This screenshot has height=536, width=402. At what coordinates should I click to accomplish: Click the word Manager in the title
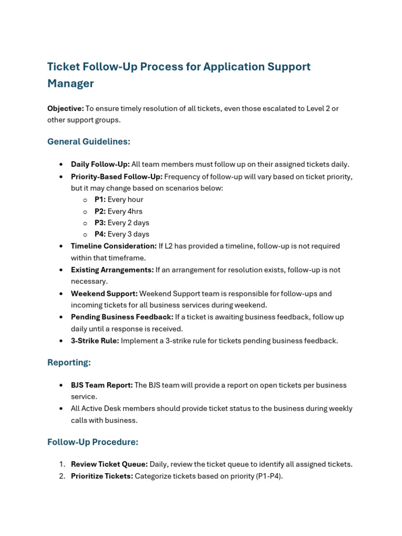(71, 84)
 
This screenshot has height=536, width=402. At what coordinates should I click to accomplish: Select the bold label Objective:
(65, 108)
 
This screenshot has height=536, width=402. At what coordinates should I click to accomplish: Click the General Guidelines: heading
(88, 141)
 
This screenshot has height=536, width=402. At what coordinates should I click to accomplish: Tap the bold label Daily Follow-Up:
(100, 164)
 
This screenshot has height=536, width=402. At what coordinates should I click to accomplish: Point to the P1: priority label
(100, 199)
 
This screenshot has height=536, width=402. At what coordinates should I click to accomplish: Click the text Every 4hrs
(125, 211)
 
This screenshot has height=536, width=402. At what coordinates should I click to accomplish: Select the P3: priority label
(100, 223)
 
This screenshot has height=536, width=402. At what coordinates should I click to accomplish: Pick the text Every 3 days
(128, 234)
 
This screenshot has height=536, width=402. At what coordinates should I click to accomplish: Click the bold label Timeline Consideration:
(114, 246)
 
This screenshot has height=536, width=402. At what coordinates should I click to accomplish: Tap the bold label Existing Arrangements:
(112, 270)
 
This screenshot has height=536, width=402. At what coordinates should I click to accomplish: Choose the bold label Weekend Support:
(104, 294)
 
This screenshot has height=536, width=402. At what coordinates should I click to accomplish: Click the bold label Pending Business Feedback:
(122, 317)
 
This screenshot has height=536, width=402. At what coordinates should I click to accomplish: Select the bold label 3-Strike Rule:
(95, 341)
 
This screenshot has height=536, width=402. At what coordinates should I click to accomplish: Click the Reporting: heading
(69, 362)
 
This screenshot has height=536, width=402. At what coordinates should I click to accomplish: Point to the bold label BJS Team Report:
(102, 385)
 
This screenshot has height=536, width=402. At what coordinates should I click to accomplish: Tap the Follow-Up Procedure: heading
(93, 442)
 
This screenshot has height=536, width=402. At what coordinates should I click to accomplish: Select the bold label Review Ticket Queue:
(109, 464)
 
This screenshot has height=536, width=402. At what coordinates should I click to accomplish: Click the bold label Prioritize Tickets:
(102, 476)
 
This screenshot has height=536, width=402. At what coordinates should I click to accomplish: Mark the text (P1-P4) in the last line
(269, 476)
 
